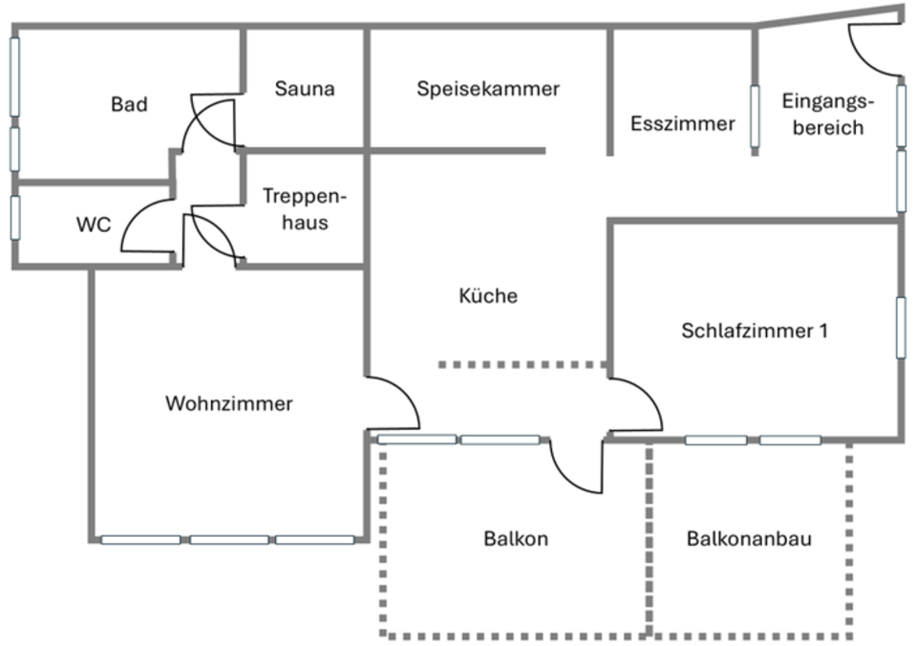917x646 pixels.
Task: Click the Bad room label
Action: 129,104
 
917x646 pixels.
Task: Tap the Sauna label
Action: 305,89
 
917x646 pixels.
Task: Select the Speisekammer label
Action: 487,89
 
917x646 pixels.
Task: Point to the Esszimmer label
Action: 683,123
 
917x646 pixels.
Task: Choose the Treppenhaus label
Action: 304,209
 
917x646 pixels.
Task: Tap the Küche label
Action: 488,296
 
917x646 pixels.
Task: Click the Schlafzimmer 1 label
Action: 755,331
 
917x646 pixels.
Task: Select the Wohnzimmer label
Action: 228,403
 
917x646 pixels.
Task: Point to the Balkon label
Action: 516,539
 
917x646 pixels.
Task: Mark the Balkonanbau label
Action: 749,539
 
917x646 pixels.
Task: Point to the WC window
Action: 15,217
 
